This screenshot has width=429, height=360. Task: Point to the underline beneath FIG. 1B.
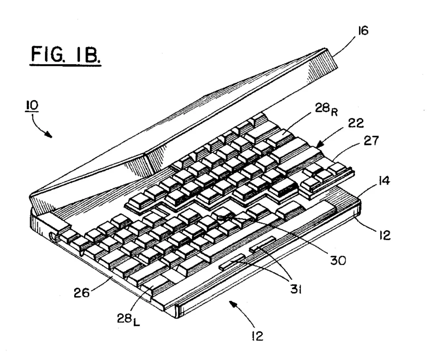coord(65,65)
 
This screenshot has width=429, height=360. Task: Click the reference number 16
coord(363,31)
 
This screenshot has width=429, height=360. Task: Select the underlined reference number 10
coord(32,105)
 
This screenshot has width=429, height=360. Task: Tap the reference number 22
coord(356,123)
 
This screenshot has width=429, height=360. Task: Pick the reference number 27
coord(371,141)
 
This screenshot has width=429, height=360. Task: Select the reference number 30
coord(338,260)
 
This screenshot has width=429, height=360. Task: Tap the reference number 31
coord(296,289)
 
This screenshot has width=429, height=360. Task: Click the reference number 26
coord(82,293)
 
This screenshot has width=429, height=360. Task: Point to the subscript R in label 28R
coord(334,112)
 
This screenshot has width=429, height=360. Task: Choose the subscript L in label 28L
coord(136,323)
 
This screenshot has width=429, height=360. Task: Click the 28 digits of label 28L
coord(125,318)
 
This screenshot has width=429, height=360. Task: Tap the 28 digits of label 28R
coord(322,108)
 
